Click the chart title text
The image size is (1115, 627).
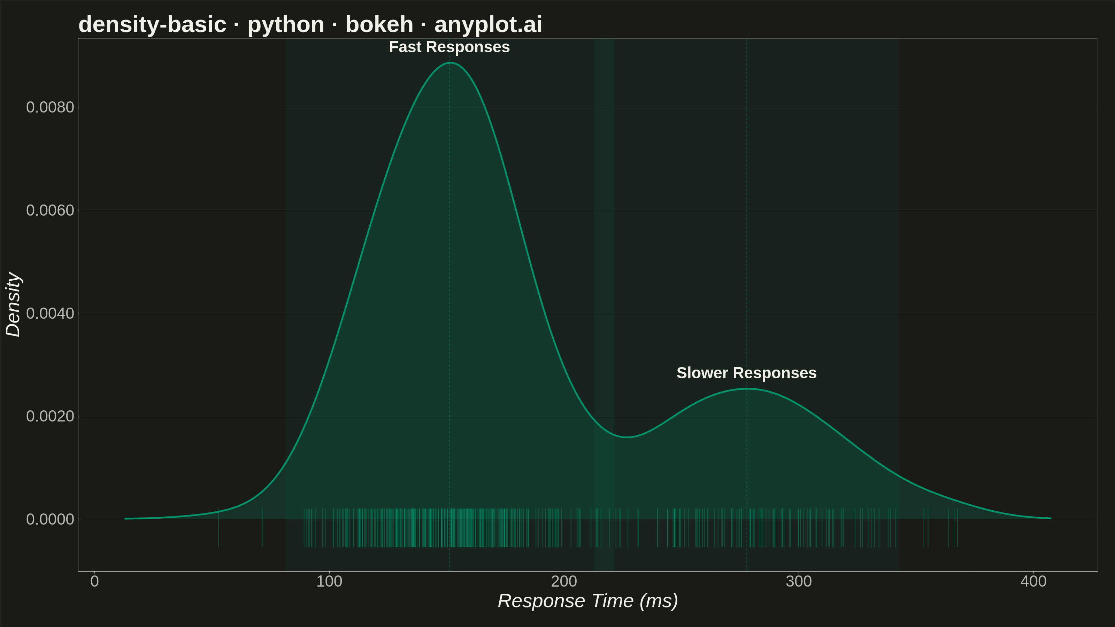310,24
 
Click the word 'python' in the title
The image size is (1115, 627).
286,25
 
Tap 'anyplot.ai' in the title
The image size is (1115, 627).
488,24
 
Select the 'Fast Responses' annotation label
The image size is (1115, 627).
449,47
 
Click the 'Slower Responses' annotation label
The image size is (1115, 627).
746,373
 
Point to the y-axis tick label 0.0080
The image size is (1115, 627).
50,107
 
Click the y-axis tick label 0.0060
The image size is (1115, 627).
50,210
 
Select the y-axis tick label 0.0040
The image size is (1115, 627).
50,313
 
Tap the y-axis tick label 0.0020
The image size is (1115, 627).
50,416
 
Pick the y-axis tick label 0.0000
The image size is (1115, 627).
50,519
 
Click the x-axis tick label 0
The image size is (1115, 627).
94,581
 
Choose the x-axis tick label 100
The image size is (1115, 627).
329,581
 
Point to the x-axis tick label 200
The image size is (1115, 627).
564,581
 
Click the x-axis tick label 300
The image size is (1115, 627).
799,581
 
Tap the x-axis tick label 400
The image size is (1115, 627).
1033,581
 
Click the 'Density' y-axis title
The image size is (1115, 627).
14,304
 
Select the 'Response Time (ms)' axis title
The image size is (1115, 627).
588,601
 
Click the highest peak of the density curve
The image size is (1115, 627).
450,63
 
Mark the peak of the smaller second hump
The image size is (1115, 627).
746,389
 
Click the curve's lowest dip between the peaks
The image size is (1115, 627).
627,437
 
